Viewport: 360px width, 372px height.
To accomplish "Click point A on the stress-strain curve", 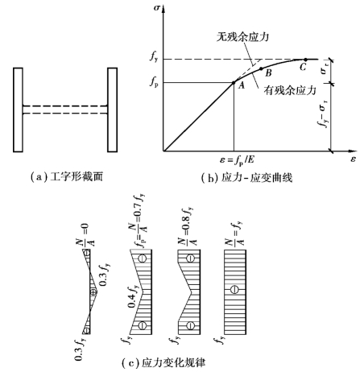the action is click(234, 82).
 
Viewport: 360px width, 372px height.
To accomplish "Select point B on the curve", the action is click(261, 68).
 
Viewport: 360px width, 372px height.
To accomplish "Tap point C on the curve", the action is click(305, 60).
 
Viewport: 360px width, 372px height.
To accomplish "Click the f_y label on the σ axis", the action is click(154, 58).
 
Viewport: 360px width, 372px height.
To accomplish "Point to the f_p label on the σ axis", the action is click(154, 82).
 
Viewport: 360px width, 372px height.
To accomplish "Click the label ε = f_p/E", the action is click(237, 160).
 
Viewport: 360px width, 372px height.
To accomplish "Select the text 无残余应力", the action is click(242, 37).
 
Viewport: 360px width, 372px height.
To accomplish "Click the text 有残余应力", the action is click(290, 90).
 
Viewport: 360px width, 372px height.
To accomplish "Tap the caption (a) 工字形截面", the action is click(67, 177).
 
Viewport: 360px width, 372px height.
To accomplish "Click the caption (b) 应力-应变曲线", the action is click(246, 178).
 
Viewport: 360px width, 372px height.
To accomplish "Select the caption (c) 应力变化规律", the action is click(163, 362).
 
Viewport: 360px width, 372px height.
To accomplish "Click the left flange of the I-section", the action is click(18, 110).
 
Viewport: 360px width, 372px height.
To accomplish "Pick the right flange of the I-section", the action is click(112, 110).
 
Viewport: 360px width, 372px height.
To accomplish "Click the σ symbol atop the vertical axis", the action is click(157, 7).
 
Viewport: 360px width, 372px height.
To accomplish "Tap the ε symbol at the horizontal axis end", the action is click(353, 159).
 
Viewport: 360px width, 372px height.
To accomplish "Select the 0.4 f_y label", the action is click(133, 296).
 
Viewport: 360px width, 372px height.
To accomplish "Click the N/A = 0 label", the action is click(85, 235).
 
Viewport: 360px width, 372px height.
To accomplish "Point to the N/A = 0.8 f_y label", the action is click(187, 226).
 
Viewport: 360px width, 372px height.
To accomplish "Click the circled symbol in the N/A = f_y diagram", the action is click(234, 290).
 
